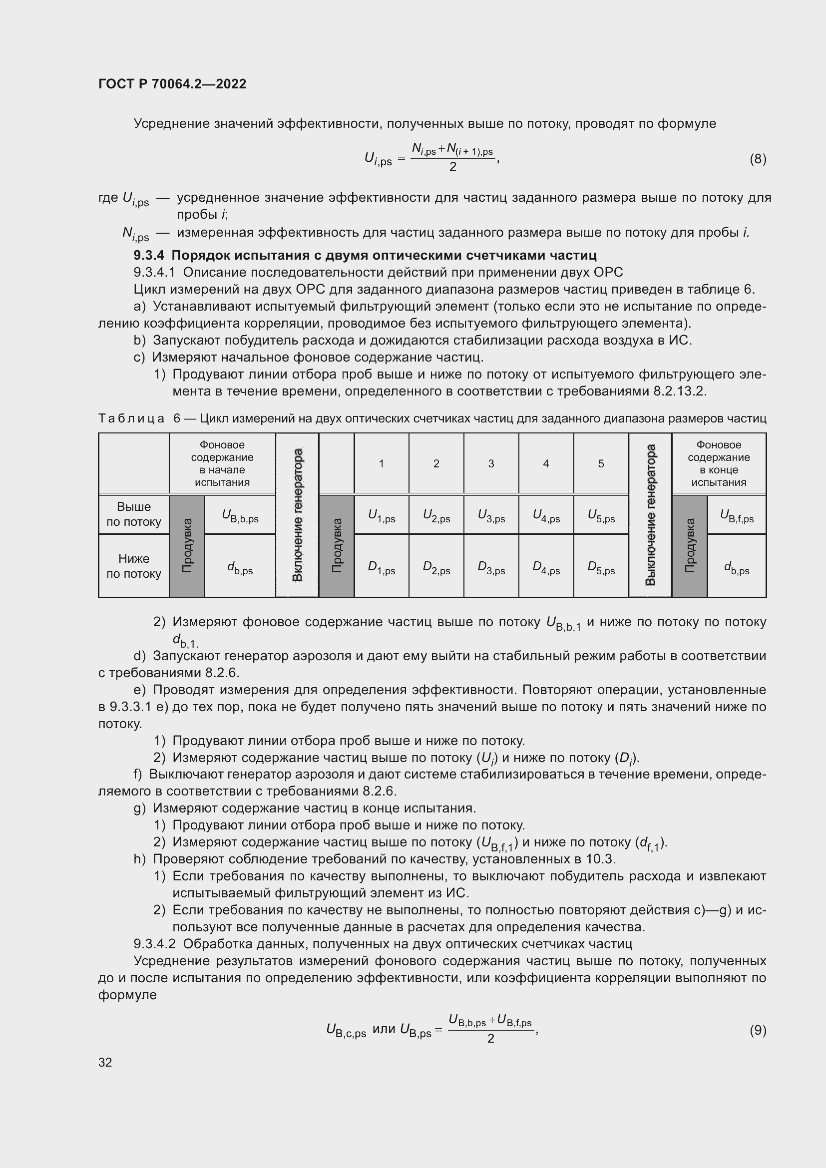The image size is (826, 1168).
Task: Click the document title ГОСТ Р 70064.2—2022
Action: tap(172, 84)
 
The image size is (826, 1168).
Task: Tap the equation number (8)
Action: tap(758, 159)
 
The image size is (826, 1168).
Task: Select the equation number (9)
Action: tap(758, 1030)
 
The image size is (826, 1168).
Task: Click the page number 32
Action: tap(105, 1062)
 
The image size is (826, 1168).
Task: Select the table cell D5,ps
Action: tap(601, 567)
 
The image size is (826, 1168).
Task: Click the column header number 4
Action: tap(546, 463)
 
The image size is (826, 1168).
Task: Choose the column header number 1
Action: tap(381, 463)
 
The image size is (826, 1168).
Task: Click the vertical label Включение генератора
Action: tap(298, 515)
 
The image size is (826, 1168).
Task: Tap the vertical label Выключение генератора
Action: tap(650, 515)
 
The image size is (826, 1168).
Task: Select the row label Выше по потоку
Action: tap(134, 514)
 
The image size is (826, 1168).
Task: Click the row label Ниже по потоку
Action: tap(134, 566)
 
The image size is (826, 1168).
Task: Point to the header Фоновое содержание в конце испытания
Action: tap(719, 463)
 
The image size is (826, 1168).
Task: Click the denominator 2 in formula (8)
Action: tap(452, 167)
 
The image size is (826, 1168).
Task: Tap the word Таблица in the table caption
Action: tap(131, 418)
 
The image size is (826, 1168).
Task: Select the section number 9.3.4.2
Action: tap(154, 944)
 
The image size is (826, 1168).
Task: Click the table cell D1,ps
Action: tap(381, 567)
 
